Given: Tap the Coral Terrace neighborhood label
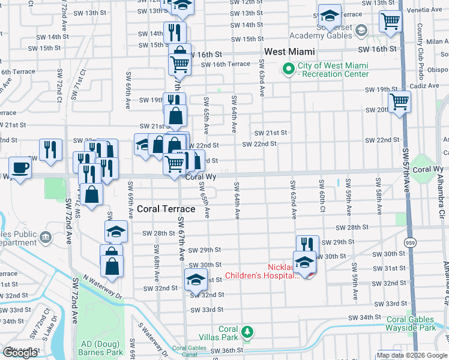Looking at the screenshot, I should click(166, 209).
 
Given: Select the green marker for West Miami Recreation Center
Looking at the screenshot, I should click(289, 70).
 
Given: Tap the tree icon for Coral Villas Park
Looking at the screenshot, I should click(246, 331).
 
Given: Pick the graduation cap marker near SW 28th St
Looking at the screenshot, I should click(116, 231).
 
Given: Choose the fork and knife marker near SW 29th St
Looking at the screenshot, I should click(307, 244).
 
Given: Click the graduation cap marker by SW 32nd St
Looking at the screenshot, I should click(196, 279).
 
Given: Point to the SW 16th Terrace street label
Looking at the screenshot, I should click(226, 64).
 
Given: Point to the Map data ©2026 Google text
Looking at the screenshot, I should click(412, 355).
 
